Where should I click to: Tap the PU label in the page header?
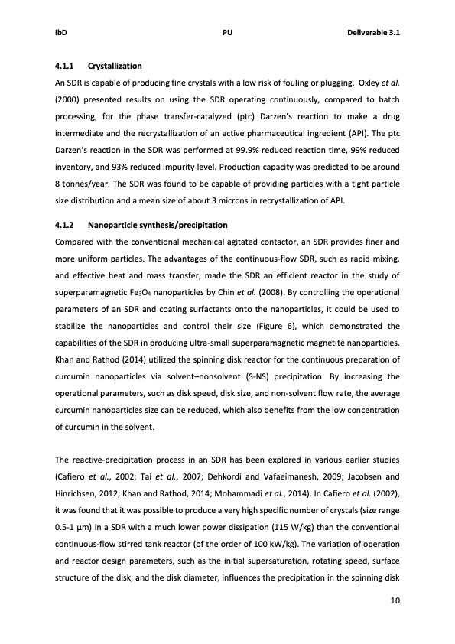pyautogui.click(x=227, y=34)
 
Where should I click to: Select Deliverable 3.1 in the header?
pyautogui.click(x=374, y=34)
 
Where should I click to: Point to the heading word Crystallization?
pyautogui.click(x=115, y=67)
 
